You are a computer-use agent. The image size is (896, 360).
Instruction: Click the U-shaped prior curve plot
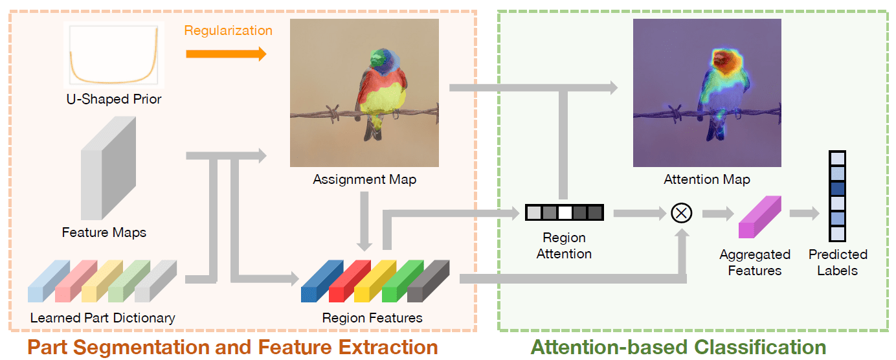pos(114,54)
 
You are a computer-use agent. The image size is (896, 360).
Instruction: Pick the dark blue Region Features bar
pos(322,282)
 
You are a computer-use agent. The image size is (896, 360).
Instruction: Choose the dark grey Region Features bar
pos(428,282)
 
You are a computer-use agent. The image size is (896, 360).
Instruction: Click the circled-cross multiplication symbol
pos(681,212)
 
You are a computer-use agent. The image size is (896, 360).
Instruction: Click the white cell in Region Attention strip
pos(564,212)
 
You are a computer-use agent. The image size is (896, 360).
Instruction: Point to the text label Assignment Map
pos(364,179)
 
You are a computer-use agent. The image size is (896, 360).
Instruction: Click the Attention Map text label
pos(707,179)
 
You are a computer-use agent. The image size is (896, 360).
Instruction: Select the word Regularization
pos(228,30)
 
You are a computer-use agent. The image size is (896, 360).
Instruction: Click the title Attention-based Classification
pos(678,347)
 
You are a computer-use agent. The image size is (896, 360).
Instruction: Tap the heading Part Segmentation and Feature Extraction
pos(232,347)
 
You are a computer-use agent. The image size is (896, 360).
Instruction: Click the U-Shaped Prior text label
pos(114,99)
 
